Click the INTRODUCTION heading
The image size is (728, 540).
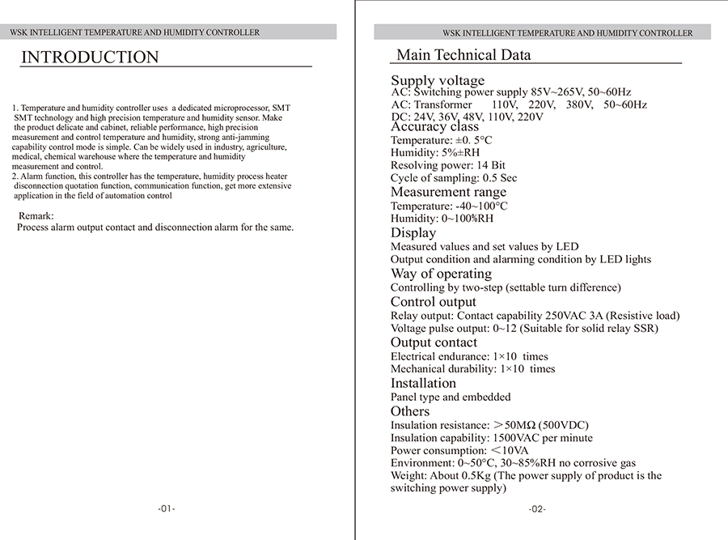90,57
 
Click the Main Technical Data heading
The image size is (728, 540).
463,55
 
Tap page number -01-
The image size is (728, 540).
166,509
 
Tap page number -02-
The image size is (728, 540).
537,509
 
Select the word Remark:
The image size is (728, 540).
36,215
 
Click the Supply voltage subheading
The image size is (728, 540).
438,80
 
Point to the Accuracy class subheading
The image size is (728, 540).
434,126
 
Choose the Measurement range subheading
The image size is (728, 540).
448,192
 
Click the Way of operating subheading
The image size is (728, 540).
441,274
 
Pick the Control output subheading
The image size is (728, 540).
434,302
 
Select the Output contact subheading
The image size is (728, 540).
434,342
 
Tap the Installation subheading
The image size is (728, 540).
423,383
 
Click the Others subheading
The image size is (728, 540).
410,411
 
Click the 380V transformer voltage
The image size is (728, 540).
580,104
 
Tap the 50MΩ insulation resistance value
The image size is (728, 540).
519,425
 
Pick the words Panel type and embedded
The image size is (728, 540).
451,398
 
